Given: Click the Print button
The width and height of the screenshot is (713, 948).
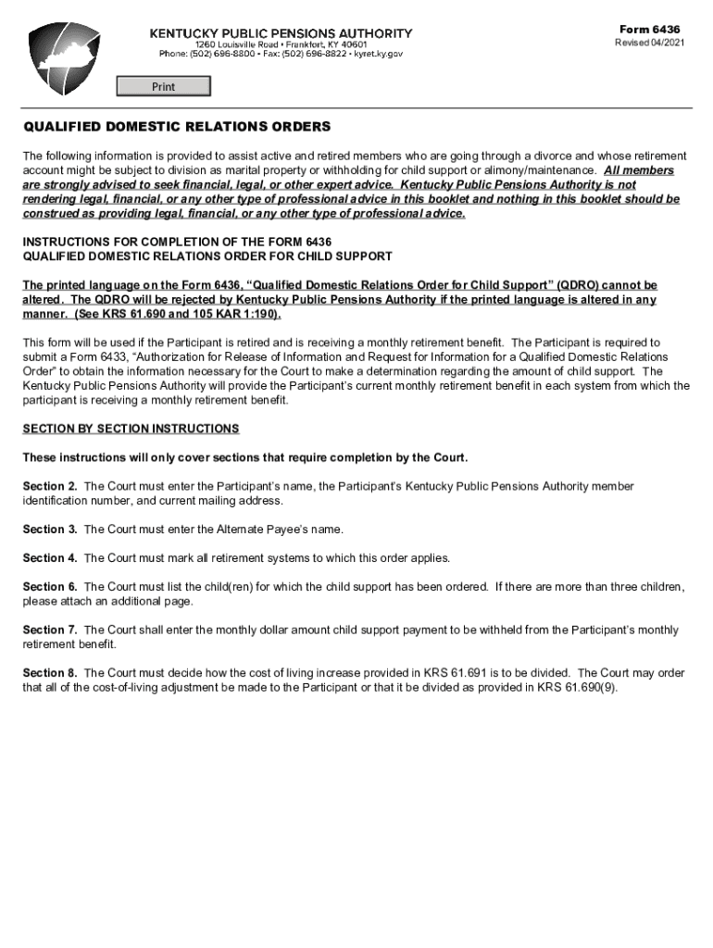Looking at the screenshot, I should click(x=163, y=87).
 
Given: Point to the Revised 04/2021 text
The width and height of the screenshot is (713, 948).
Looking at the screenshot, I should click(x=650, y=44).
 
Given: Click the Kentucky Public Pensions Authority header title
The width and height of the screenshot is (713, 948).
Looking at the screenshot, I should click(x=281, y=33).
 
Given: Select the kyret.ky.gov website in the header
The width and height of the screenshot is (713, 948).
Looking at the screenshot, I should click(x=379, y=55).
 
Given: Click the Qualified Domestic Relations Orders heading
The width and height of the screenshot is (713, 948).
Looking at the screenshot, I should click(x=176, y=127).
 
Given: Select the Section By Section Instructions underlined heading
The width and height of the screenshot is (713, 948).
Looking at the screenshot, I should click(x=131, y=430).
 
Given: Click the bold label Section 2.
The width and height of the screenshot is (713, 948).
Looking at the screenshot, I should click(x=50, y=486).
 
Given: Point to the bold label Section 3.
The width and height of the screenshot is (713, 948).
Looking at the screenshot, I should click(x=50, y=530).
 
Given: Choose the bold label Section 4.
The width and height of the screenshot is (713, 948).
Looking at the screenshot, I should click(x=50, y=558).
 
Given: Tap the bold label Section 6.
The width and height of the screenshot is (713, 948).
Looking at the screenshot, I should click(x=50, y=587).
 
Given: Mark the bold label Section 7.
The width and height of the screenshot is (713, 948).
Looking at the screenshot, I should click(x=50, y=630).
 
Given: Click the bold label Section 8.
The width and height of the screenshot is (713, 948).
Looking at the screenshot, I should click(x=50, y=673).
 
